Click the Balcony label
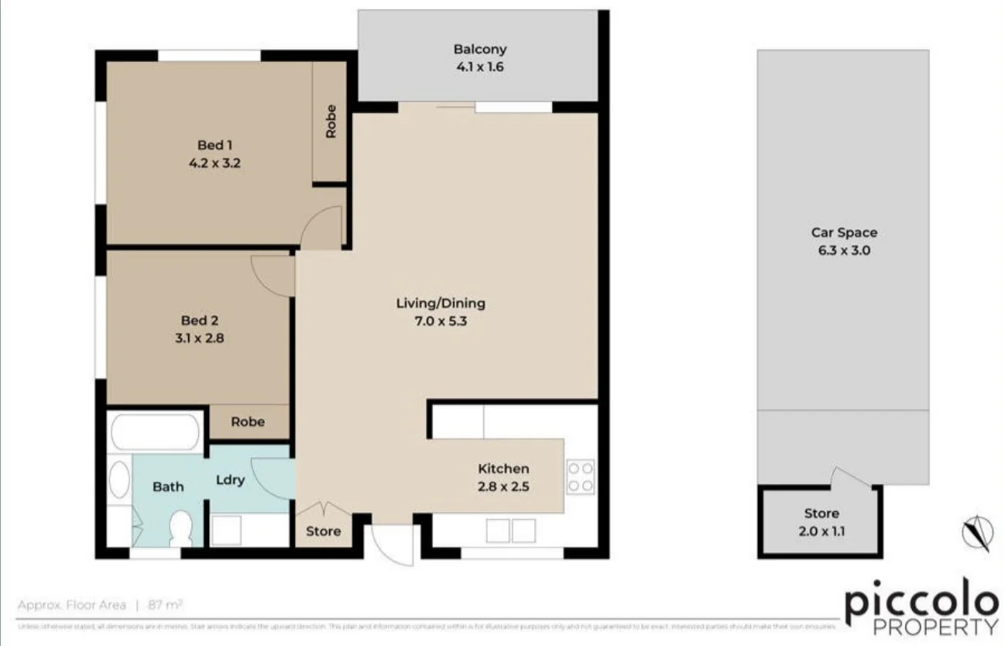tap(479, 50)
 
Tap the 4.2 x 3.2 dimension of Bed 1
tap(215, 163)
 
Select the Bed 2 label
tap(194, 320)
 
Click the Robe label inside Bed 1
tap(331, 121)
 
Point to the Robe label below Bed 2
tap(248, 421)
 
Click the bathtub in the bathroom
tap(156, 432)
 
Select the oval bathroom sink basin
tap(118, 480)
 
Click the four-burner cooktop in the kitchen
tap(580, 476)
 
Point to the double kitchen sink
tap(512, 531)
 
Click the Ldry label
tap(230, 479)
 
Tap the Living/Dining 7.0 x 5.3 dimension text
tap(441, 320)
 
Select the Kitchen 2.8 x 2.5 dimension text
tap(503, 486)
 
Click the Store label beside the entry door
tap(323, 531)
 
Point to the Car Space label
tap(844, 232)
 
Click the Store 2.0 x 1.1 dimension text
tap(821, 531)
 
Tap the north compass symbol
tap(977, 533)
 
